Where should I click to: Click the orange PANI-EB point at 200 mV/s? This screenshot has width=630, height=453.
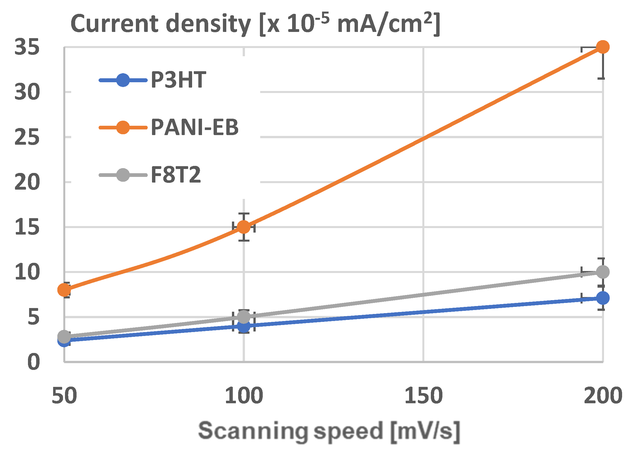[603, 47]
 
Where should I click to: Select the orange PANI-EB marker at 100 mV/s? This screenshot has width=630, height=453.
[244, 227]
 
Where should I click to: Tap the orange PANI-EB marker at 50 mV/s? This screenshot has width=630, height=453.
[64, 290]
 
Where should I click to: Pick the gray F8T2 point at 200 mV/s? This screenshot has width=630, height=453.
[603, 272]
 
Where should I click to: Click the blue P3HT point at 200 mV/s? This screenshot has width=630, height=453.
[603, 298]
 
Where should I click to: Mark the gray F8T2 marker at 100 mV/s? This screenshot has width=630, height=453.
[244, 317]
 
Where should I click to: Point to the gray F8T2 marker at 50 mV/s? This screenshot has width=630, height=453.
[64, 336]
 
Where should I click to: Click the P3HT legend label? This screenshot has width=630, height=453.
[178, 80]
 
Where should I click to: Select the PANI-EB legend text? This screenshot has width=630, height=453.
[195, 127]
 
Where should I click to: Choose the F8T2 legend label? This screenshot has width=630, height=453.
[176, 175]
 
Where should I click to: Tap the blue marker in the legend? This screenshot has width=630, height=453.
[123, 80]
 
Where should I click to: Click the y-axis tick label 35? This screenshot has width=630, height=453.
[27, 47]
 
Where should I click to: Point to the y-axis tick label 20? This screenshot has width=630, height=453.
[27, 182]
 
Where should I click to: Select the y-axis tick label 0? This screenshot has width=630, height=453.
[33, 362]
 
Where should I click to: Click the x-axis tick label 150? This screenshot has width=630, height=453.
[423, 396]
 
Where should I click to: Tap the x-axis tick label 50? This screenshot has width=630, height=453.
[64, 396]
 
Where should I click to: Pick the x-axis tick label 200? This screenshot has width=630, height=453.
[603, 396]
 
